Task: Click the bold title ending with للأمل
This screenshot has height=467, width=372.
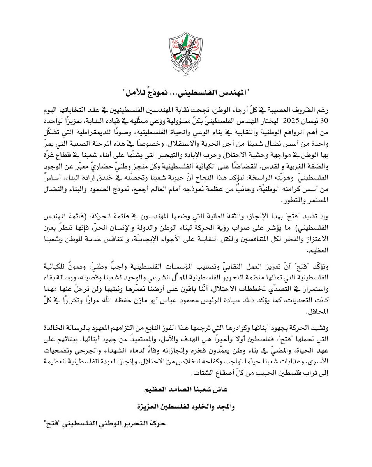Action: click(186, 92)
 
